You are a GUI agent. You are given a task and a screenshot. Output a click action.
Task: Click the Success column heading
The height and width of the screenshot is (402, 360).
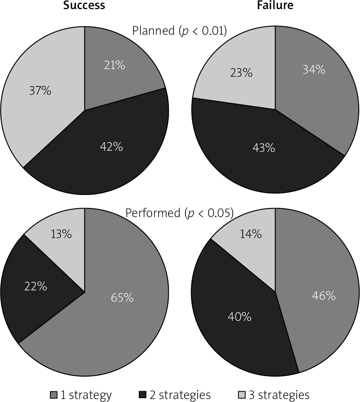pyautogui.click(x=84, y=5)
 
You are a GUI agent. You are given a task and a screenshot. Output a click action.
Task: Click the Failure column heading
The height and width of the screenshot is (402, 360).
pyautogui.click(x=275, y=5)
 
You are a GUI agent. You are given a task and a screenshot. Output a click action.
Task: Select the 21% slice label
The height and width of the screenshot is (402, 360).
pyautogui.click(x=115, y=66)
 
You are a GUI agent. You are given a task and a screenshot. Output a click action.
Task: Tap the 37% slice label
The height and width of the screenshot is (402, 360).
pyautogui.click(x=40, y=91)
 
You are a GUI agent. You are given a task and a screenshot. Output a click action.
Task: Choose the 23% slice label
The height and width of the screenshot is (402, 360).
pyautogui.click(x=241, y=72)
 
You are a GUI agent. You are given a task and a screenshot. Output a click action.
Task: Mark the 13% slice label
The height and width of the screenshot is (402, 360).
pyautogui.click(x=61, y=234)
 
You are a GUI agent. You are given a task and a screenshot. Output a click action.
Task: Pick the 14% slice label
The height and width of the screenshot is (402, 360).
pyautogui.click(x=251, y=234)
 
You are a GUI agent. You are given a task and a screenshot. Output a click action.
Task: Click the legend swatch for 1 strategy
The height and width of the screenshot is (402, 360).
pyautogui.click(x=54, y=394)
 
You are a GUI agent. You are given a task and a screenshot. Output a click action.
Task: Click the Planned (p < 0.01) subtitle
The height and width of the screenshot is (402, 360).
pyautogui.click(x=180, y=31)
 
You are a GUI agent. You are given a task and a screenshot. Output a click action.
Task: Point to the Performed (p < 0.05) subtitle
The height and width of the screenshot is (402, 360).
pyautogui.click(x=180, y=213)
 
